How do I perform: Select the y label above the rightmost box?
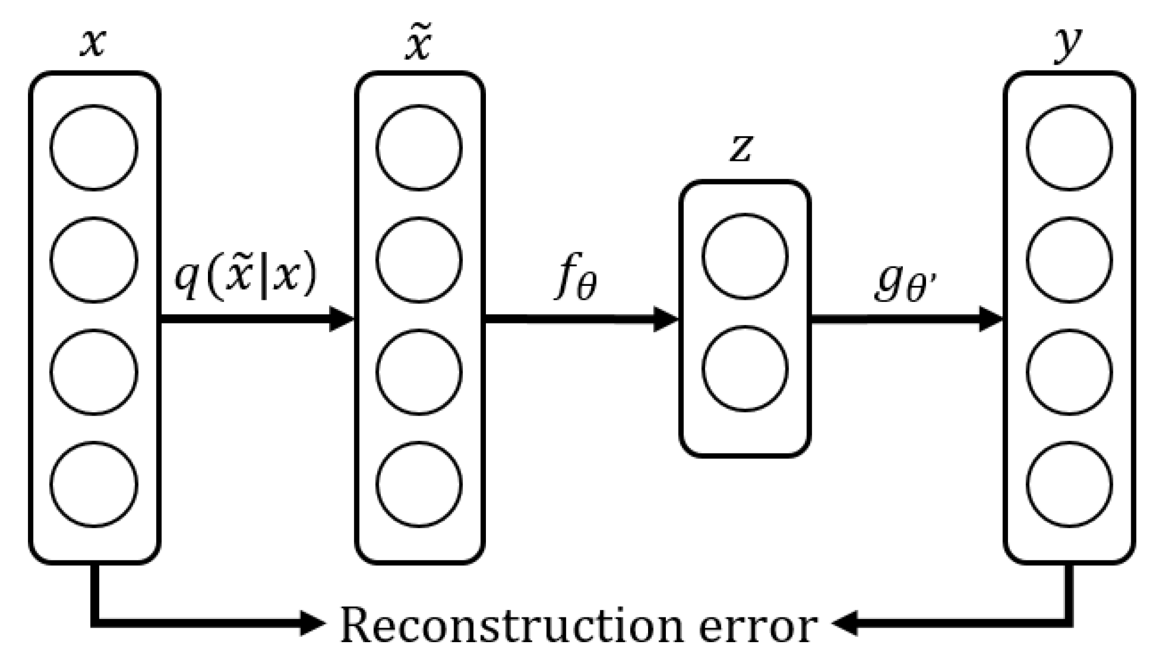pyautogui.click(x=1067, y=44)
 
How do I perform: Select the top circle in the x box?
pyautogui.click(x=94, y=147)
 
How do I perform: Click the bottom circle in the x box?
pyautogui.click(x=94, y=484)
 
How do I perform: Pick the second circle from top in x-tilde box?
pyautogui.click(x=419, y=259)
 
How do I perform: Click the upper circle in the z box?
pyautogui.click(x=745, y=256)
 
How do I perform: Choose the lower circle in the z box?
pyautogui.click(x=745, y=369)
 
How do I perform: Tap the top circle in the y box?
pyautogui.click(x=1069, y=147)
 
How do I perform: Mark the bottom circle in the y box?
pyautogui.click(x=1069, y=484)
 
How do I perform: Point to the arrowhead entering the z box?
pyautogui.click(x=666, y=319)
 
